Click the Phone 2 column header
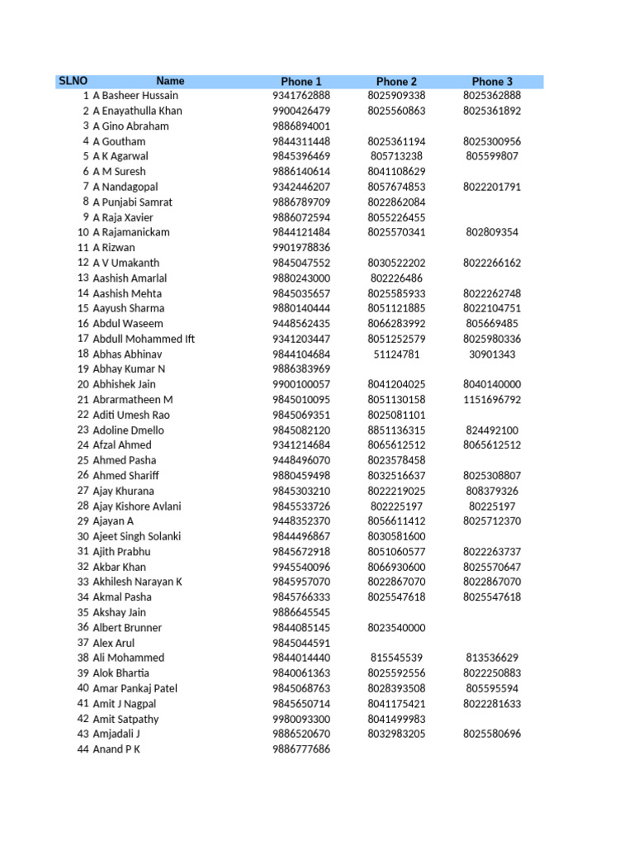point(396,82)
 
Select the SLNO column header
point(67,81)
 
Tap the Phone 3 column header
point(492,82)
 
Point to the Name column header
point(170,81)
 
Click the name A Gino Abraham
point(130,126)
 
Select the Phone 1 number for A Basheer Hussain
point(300,96)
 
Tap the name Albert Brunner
point(128,628)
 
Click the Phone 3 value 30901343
point(492,354)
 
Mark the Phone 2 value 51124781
point(396,354)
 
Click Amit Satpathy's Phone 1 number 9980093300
point(300,720)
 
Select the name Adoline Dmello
point(128,430)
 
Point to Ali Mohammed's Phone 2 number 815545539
point(396,658)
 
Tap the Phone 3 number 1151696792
point(492,400)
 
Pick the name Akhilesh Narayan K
point(137,582)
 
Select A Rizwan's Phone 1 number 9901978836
point(300,248)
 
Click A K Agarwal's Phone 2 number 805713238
point(396,156)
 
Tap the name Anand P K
point(116,750)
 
